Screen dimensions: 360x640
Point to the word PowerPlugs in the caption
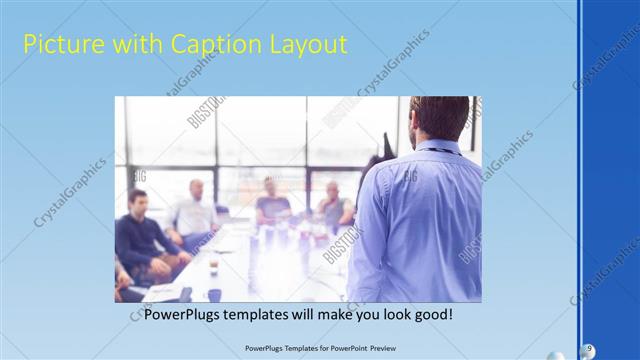coord(183,314)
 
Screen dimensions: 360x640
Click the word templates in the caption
coord(265,314)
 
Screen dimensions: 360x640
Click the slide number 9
coord(590,348)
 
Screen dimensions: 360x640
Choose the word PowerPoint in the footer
coord(341,348)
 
